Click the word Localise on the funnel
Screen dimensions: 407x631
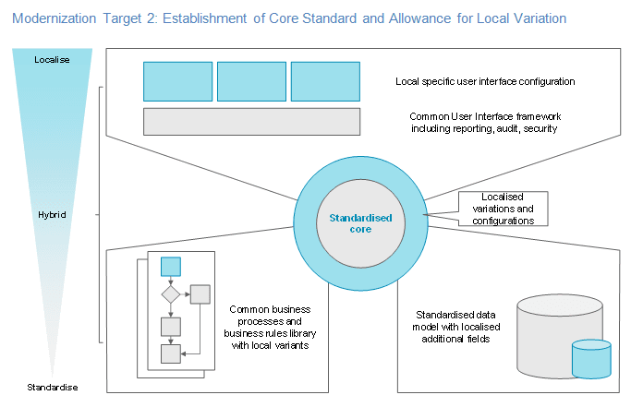point(52,60)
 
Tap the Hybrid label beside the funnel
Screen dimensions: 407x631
point(52,214)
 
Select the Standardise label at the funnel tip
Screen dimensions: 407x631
point(52,384)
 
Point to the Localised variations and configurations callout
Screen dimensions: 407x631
point(503,209)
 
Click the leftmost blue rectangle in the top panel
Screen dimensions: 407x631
point(177,81)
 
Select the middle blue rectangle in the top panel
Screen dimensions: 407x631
point(251,81)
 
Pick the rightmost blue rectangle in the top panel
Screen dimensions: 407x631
point(325,81)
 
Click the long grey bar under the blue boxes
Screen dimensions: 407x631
point(251,121)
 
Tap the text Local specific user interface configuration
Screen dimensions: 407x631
point(485,81)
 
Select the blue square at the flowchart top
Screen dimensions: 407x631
point(171,266)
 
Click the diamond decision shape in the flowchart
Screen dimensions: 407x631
point(171,294)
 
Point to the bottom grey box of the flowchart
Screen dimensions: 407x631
point(171,353)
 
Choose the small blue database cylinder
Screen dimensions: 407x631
point(591,359)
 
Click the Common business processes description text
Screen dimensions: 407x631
point(270,327)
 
